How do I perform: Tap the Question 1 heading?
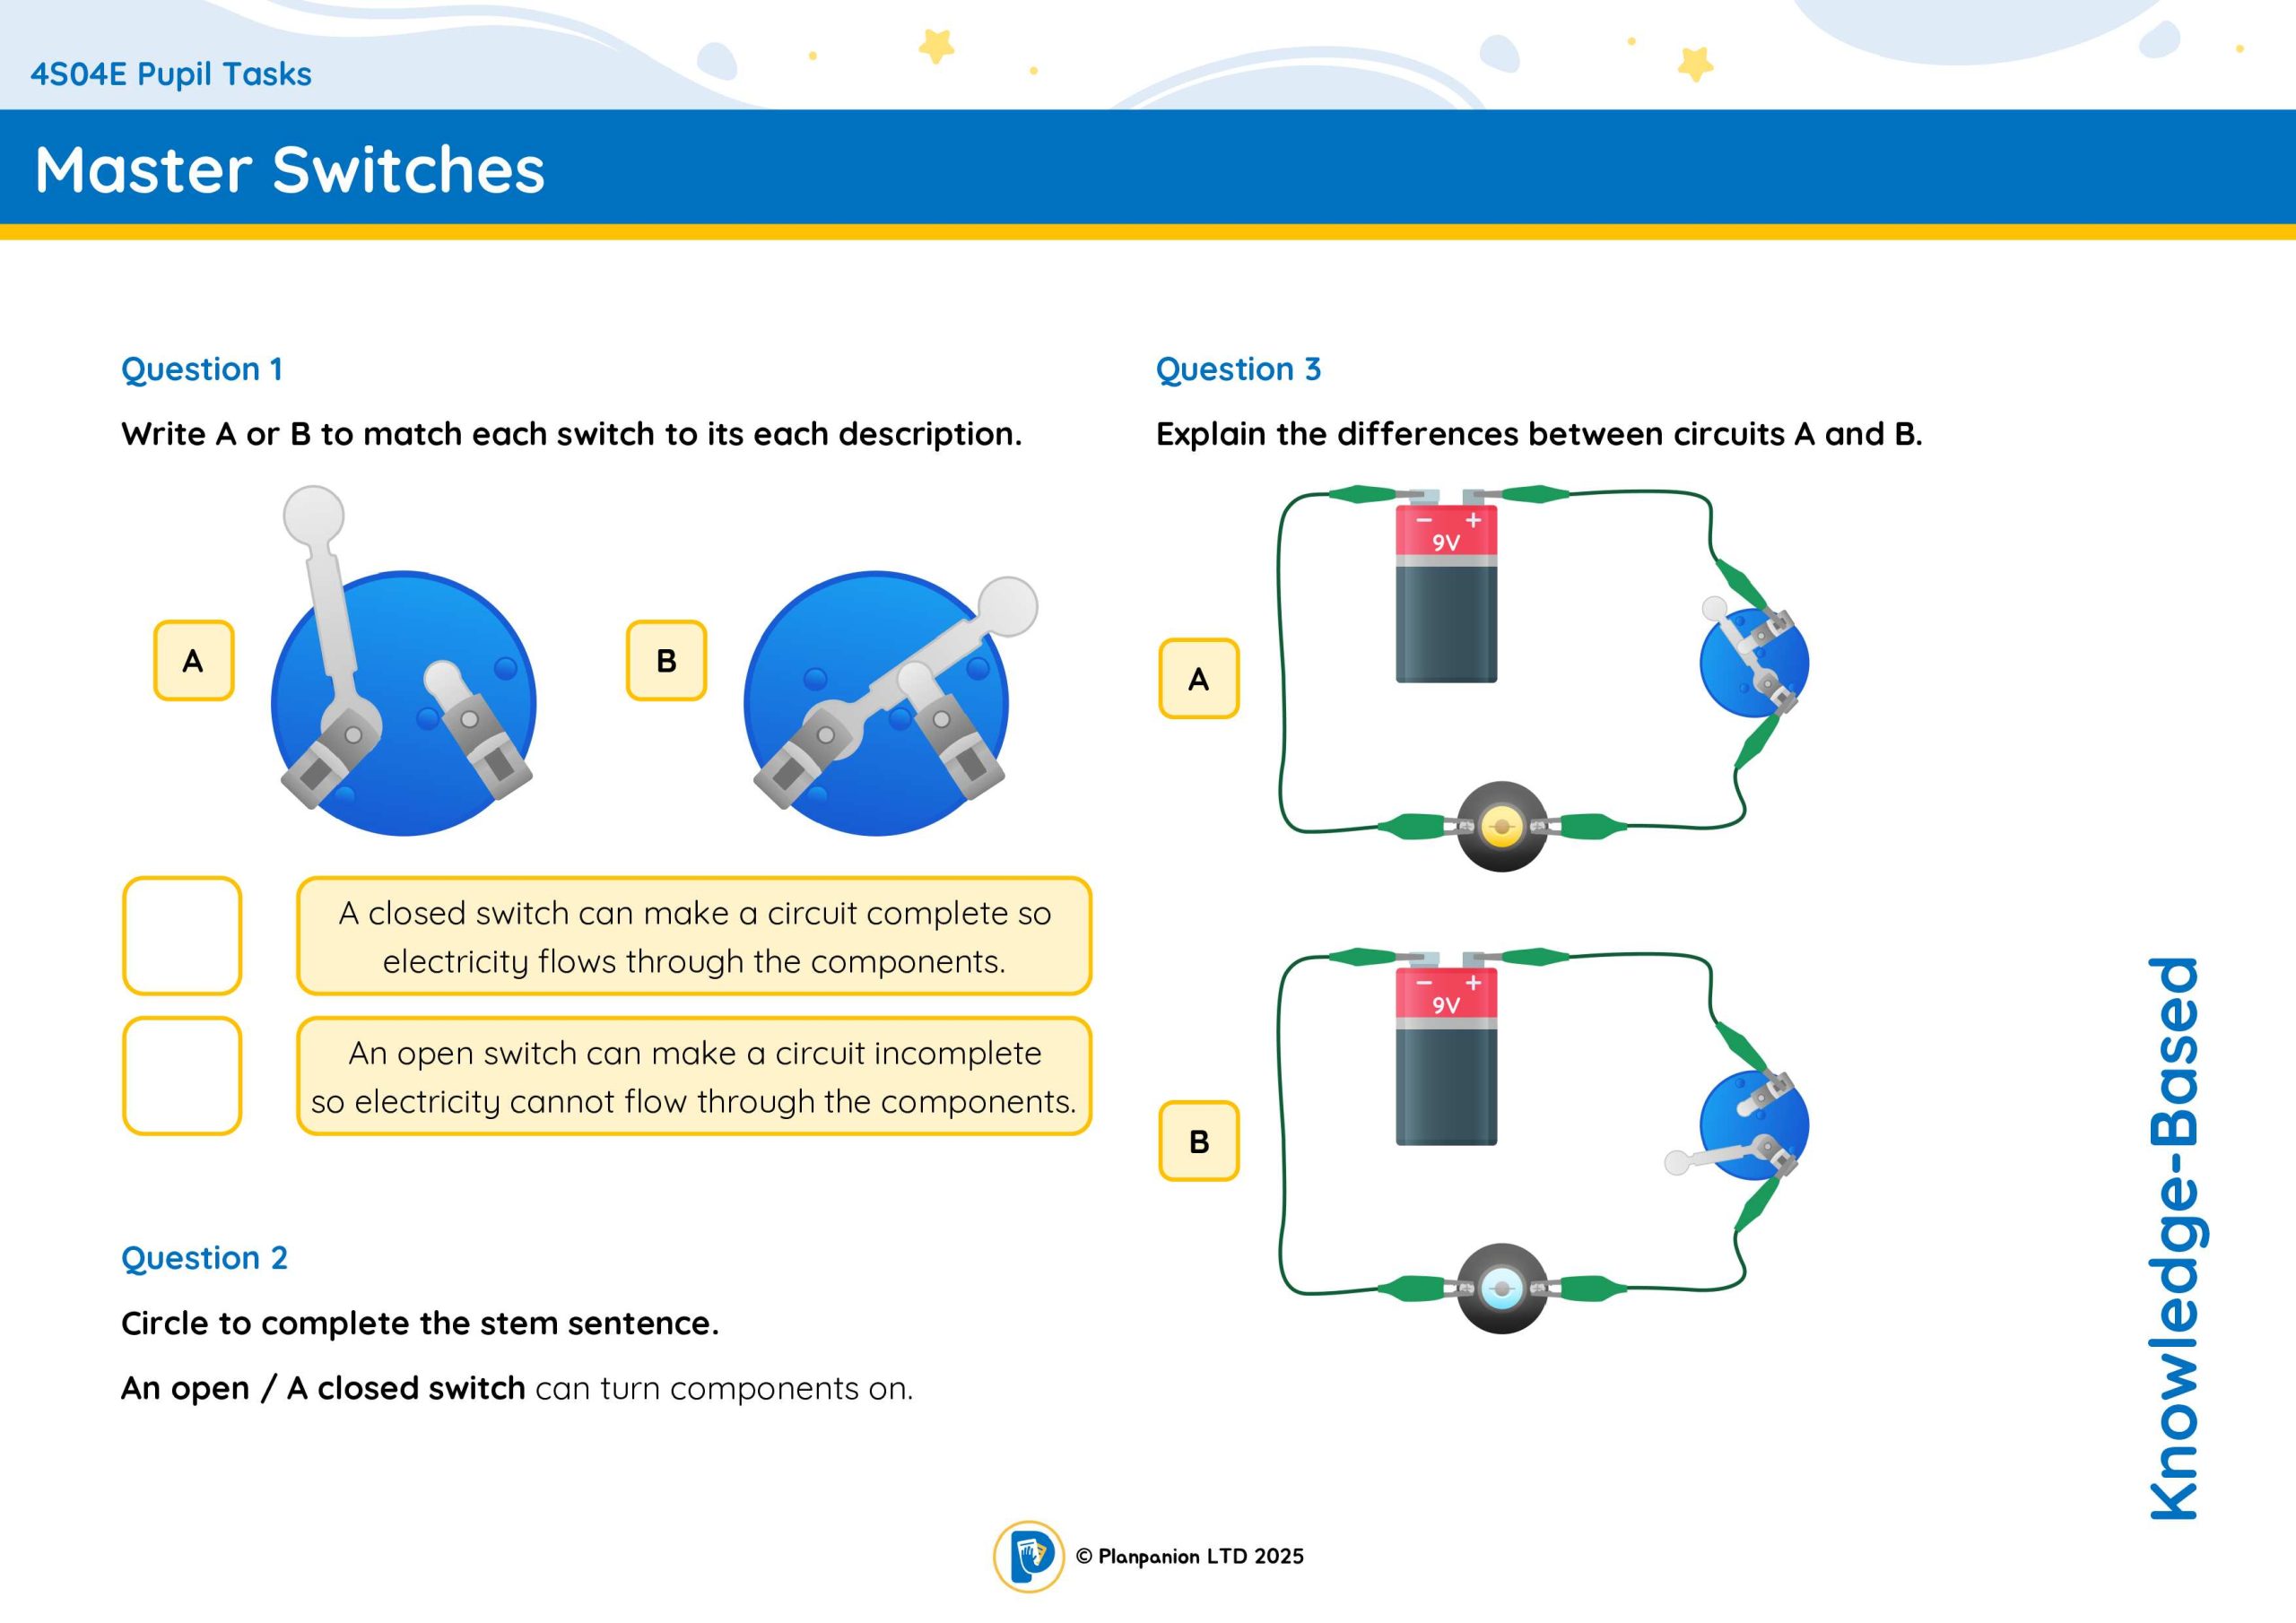click(x=202, y=369)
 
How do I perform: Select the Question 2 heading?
click(x=204, y=1257)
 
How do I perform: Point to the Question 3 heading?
click(x=1238, y=369)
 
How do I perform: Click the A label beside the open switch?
click(x=193, y=660)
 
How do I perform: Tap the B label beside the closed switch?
click(x=666, y=660)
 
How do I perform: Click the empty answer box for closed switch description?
click(x=182, y=936)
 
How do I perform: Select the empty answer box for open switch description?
click(x=182, y=1076)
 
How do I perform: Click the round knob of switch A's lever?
click(x=314, y=516)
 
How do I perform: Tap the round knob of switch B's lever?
click(x=1007, y=606)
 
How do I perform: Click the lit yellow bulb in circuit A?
click(x=1502, y=827)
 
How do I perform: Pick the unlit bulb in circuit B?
click(x=1502, y=1289)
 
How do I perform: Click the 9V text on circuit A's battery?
click(x=1446, y=543)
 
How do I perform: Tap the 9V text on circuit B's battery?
click(x=1446, y=1005)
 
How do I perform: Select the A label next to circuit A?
click(x=1199, y=679)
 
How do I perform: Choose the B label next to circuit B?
click(x=1199, y=1141)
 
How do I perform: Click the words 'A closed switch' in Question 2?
click(x=406, y=1388)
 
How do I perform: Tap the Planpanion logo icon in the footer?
click(x=1028, y=1557)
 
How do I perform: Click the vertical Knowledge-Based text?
click(x=2176, y=1238)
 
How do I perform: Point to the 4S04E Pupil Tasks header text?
click(x=171, y=74)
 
